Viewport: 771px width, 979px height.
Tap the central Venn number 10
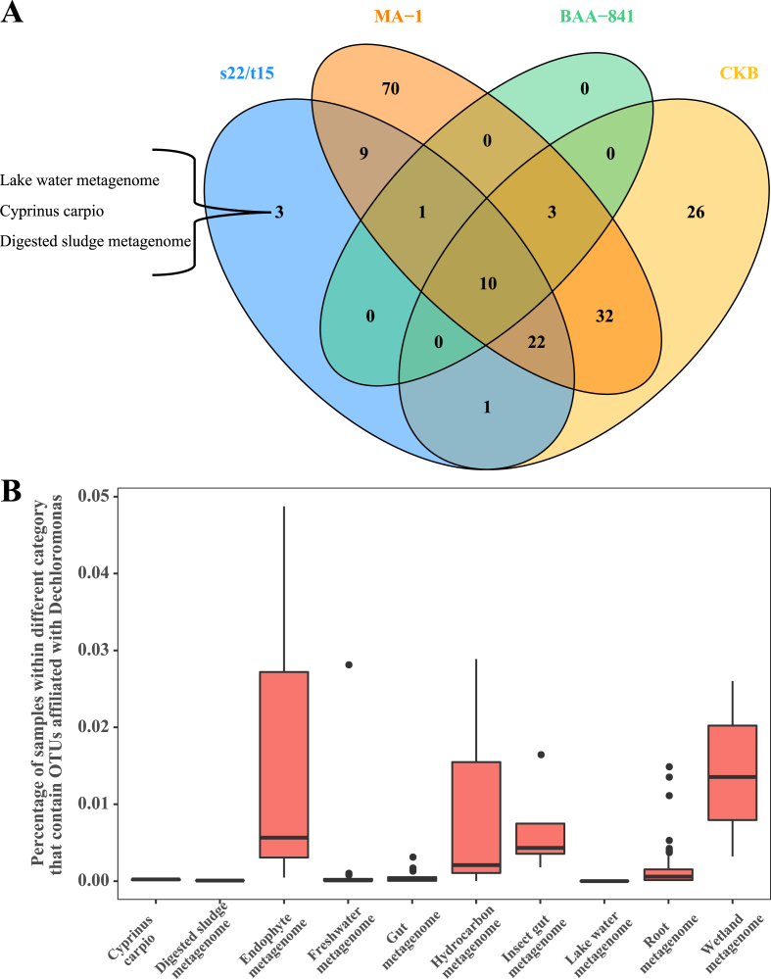pyautogui.click(x=488, y=284)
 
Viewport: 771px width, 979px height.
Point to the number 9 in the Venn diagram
pyautogui.click(x=363, y=153)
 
